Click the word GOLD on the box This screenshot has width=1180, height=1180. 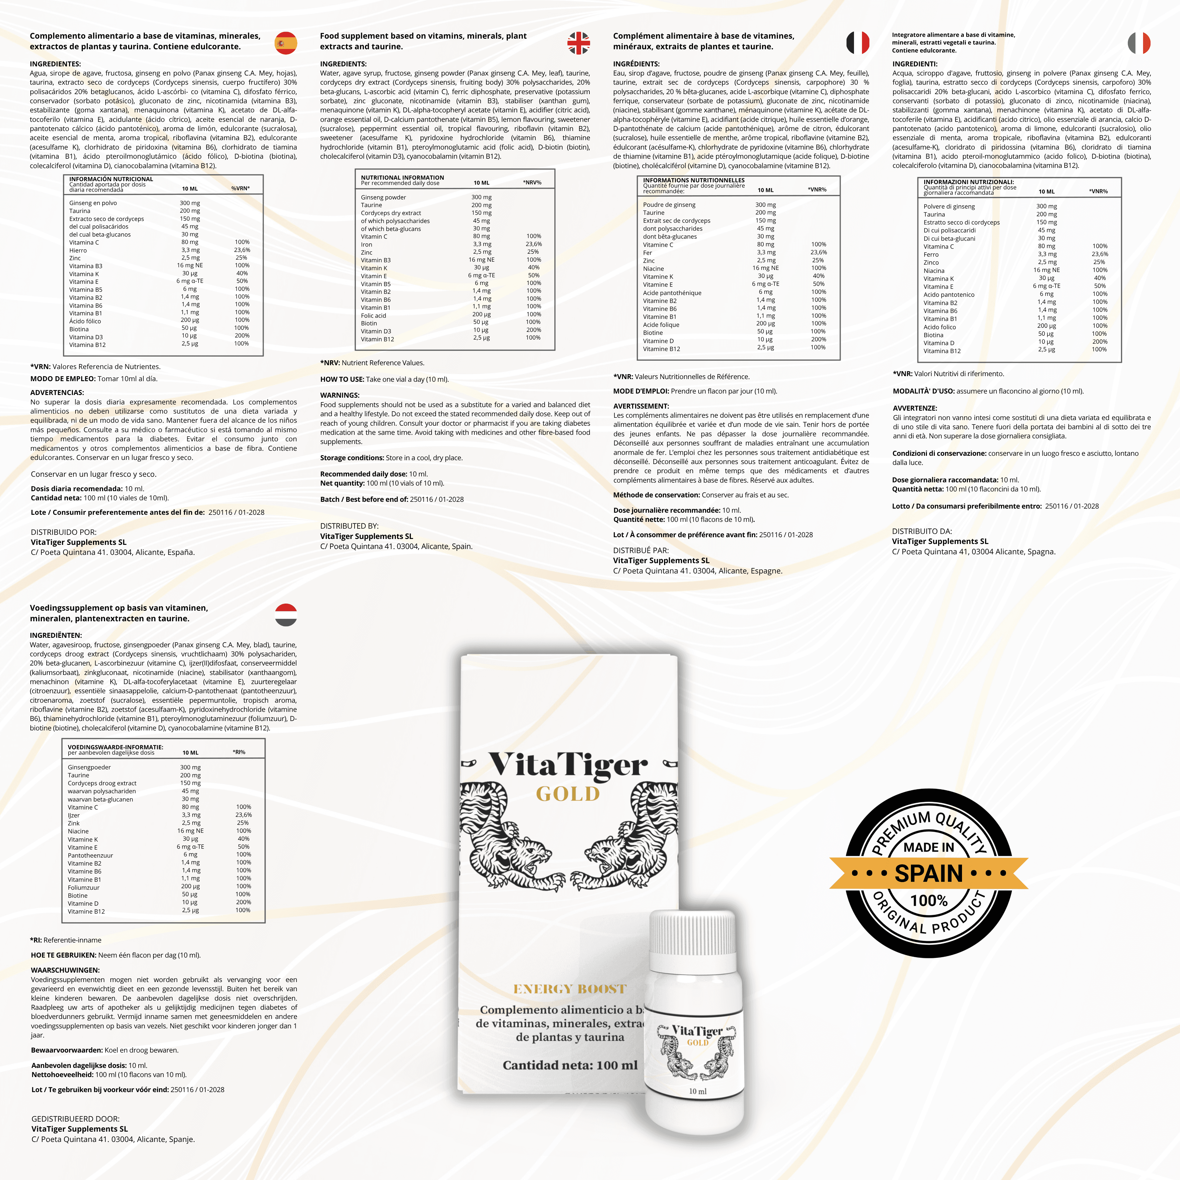(x=568, y=794)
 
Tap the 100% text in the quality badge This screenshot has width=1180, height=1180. (x=929, y=901)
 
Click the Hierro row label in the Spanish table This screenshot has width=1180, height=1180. (x=78, y=250)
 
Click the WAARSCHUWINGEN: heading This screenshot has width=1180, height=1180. (x=65, y=970)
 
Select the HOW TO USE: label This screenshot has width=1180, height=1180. (x=342, y=379)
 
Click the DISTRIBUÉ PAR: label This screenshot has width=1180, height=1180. (x=641, y=550)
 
